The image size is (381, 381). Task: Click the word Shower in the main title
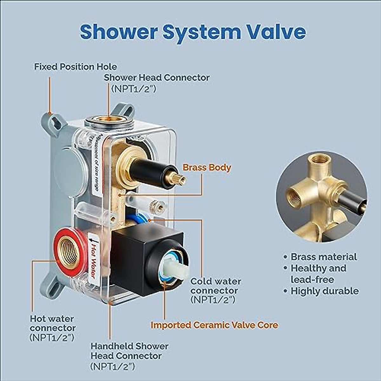(x=119, y=32)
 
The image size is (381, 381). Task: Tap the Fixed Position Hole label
(x=76, y=67)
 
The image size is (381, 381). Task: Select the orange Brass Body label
(x=207, y=168)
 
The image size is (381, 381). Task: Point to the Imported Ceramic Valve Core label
(x=214, y=325)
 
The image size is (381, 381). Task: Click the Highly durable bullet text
(x=324, y=291)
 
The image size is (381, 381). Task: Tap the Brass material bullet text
(x=324, y=257)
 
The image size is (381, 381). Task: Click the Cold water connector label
(x=216, y=286)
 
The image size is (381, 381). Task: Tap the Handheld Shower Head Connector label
(x=130, y=351)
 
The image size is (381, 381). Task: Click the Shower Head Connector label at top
(x=157, y=77)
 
